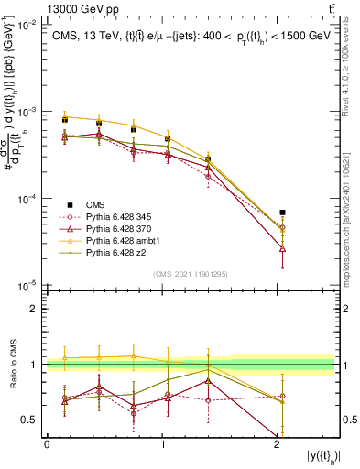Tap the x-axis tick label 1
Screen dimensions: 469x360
163,443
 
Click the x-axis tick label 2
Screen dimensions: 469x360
278,443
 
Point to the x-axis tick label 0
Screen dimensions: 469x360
47,443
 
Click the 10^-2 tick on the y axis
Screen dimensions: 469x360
27,25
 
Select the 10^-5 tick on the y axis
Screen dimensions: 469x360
27,285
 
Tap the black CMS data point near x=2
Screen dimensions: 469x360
282,212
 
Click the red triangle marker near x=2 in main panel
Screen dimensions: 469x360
282,248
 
